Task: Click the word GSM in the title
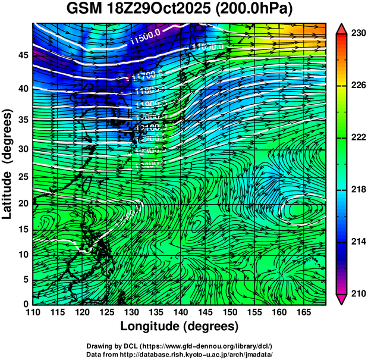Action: click(84, 10)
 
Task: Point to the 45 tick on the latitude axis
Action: click(23, 55)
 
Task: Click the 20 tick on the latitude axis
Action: click(23, 203)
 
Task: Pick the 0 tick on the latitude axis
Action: click(27, 303)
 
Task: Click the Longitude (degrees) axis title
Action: click(180, 327)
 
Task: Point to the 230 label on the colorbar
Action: click(357, 34)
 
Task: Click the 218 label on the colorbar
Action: click(357, 189)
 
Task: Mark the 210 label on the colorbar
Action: click(357, 293)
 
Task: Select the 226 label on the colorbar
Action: click(357, 86)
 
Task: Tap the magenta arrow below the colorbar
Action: click(341, 299)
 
